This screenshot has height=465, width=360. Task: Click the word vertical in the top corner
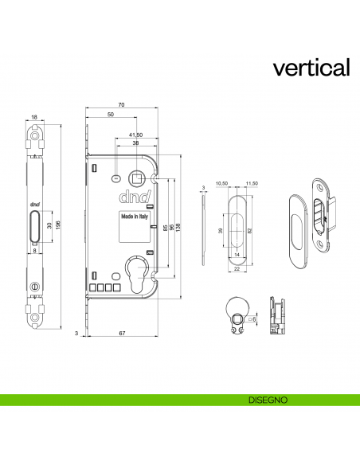point(311,67)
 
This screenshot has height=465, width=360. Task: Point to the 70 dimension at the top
point(120,105)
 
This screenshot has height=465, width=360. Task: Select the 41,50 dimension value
point(135,135)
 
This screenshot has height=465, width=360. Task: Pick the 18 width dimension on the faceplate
point(34,118)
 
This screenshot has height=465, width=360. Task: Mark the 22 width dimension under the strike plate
point(238,269)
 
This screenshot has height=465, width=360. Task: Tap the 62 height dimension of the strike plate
point(248,229)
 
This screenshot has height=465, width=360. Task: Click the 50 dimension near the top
point(109,115)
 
